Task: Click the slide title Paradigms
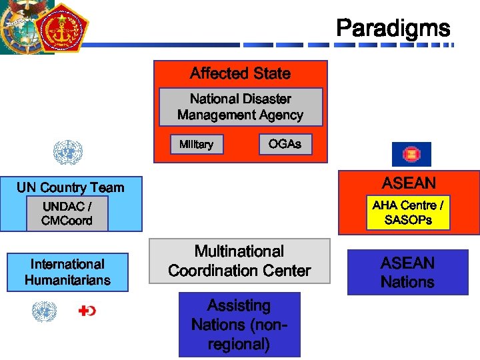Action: tap(393, 28)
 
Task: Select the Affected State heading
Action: tap(240, 73)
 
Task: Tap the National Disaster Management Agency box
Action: tap(240, 107)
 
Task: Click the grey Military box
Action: tap(196, 144)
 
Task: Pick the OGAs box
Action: tap(285, 144)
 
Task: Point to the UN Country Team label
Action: tap(70, 187)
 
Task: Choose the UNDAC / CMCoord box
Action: tap(67, 213)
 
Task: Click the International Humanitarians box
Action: tap(67, 272)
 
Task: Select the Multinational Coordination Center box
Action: tap(239, 261)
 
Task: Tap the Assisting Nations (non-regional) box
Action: tap(239, 325)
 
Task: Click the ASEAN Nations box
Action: tap(407, 272)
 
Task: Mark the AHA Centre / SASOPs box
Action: tap(408, 213)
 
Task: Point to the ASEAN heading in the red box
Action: tap(409, 183)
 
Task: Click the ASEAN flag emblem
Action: tap(411, 154)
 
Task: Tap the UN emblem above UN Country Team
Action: tap(67, 153)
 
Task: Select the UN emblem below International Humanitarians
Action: tap(45, 311)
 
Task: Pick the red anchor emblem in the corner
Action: tap(61, 29)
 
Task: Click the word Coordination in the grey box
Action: tap(239, 271)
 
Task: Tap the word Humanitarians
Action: tap(67, 280)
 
